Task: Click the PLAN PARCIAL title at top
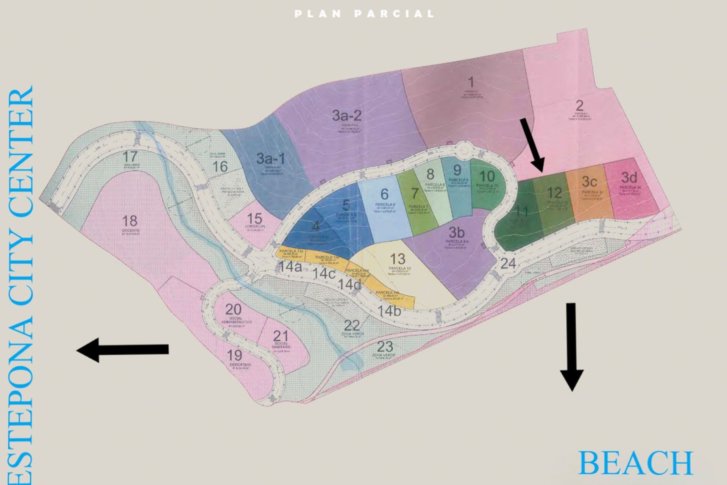point(364,14)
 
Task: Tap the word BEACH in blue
point(635,463)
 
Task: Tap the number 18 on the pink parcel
point(130,221)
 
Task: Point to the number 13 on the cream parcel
point(398,259)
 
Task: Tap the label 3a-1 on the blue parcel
point(270,158)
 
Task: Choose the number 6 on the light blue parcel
point(384,194)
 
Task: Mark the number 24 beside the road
point(508,263)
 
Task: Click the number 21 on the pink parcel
point(281,336)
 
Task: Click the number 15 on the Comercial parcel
point(254,219)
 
